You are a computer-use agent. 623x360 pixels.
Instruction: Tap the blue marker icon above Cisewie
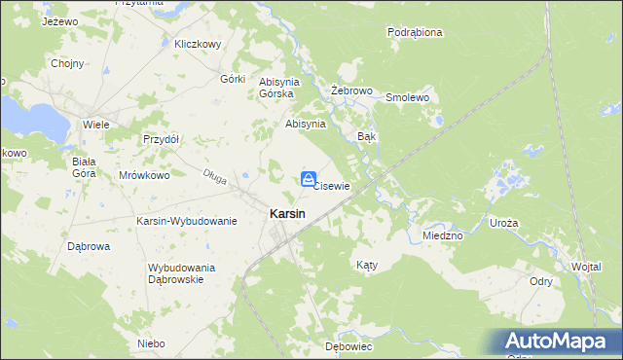tap(308, 178)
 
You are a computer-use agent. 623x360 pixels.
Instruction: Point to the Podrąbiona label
tap(415, 32)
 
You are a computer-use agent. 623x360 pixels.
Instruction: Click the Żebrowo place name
tap(352, 90)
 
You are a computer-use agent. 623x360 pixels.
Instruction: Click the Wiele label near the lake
tap(95, 126)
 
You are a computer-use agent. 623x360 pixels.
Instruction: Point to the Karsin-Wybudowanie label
tap(187, 221)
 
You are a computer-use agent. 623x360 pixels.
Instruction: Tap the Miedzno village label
tap(443, 235)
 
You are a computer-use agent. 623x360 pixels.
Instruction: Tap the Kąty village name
tap(366, 265)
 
